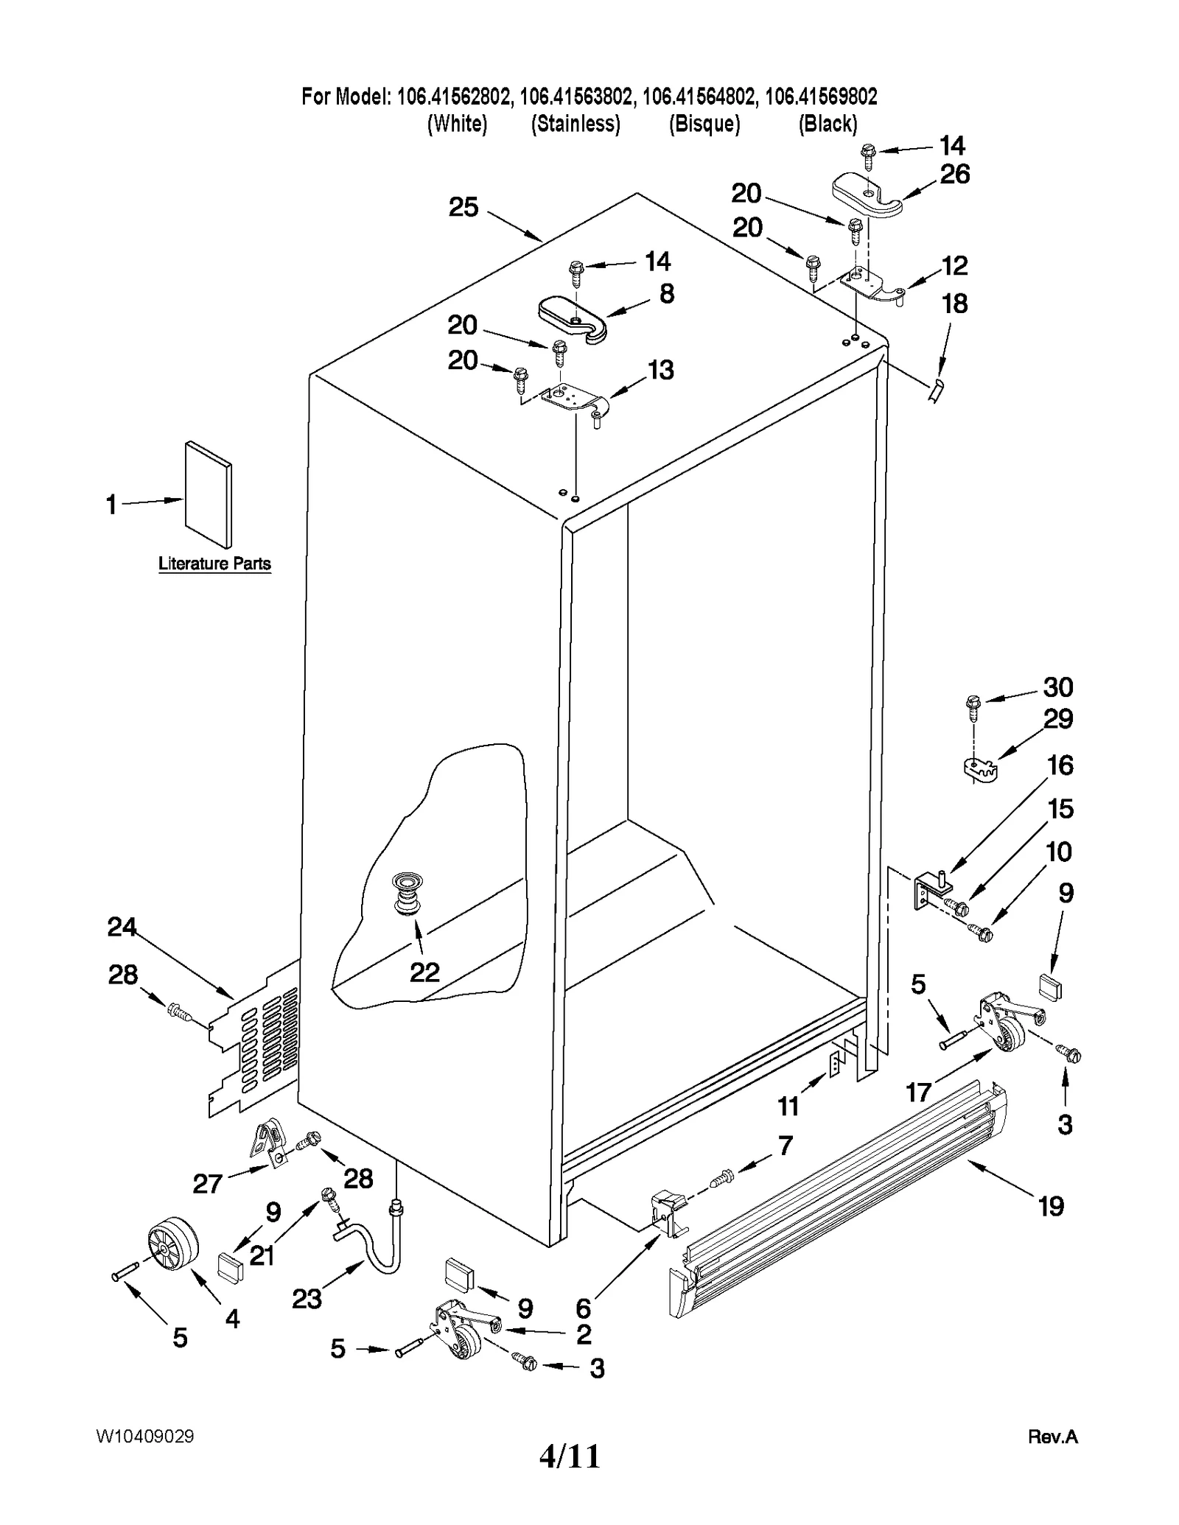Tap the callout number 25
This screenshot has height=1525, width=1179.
(x=463, y=207)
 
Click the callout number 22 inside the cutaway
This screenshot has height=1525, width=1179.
(x=424, y=972)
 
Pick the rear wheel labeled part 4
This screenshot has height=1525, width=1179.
(x=174, y=1244)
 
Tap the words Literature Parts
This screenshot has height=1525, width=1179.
(x=214, y=564)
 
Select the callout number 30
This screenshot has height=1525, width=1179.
(x=1057, y=687)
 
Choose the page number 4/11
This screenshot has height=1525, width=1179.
(x=570, y=1456)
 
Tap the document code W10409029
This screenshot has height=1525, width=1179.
(x=144, y=1436)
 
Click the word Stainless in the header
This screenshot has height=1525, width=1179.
(x=575, y=124)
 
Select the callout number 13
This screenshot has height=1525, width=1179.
(x=660, y=369)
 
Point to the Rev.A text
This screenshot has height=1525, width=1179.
(x=1052, y=1437)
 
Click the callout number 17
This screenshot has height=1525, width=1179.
(x=918, y=1092)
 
